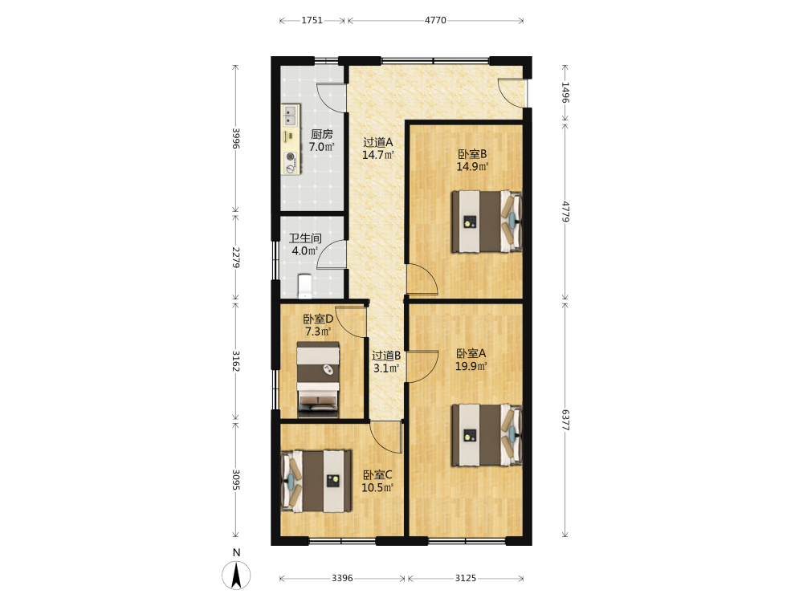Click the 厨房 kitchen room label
(x=322, y=140)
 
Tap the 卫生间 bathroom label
(x=305, y=245)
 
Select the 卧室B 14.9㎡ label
(x=472, y=161)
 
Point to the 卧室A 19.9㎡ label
(x=471, y=360)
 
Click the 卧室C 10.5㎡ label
(x=377, y=481)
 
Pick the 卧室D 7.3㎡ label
(x=318, y=325)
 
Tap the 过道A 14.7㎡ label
(x=378, y=148)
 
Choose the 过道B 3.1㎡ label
(x=386, y=361)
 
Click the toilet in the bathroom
(x=304, y=287)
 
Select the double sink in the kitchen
(x=291, y=116)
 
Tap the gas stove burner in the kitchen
(x=291, y=157)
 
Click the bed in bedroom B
(x=487, y=222)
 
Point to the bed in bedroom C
(x=316, y=481)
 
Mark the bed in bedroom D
(x=318, y=380)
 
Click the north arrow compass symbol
(x=236, y=575)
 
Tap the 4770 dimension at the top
(x=435, y=21)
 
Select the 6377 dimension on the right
(x=565, y=420)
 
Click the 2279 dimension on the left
(x=235, y=258)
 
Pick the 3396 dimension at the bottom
(x=342, y=578)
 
